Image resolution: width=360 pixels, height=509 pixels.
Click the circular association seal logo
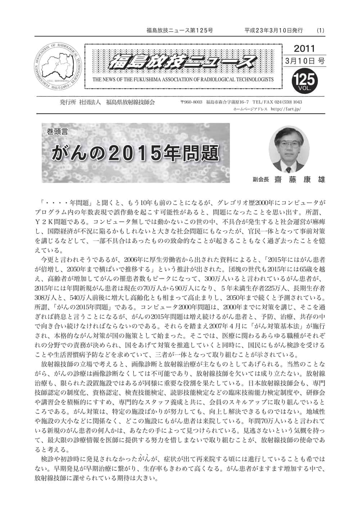57,67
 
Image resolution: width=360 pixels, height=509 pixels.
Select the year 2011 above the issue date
304,48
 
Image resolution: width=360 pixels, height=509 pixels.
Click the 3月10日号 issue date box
304,61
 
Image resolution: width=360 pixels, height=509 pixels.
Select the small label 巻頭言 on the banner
57,132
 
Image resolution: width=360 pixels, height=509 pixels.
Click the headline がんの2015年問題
135,153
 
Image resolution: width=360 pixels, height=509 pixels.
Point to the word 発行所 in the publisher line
68,103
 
